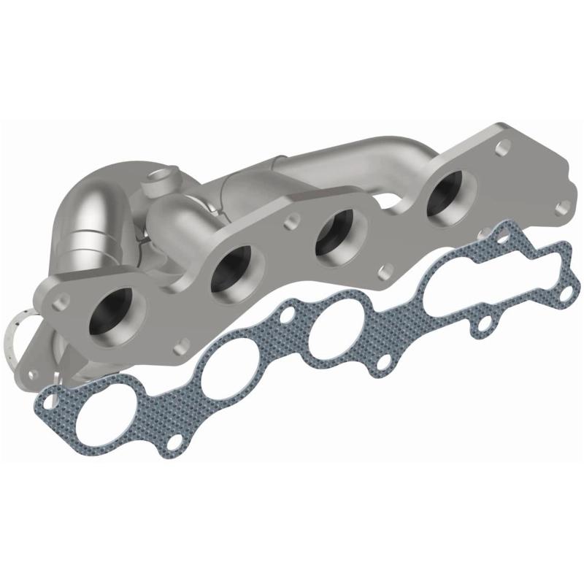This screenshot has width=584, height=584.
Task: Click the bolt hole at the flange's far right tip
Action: tap(561, 207)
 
